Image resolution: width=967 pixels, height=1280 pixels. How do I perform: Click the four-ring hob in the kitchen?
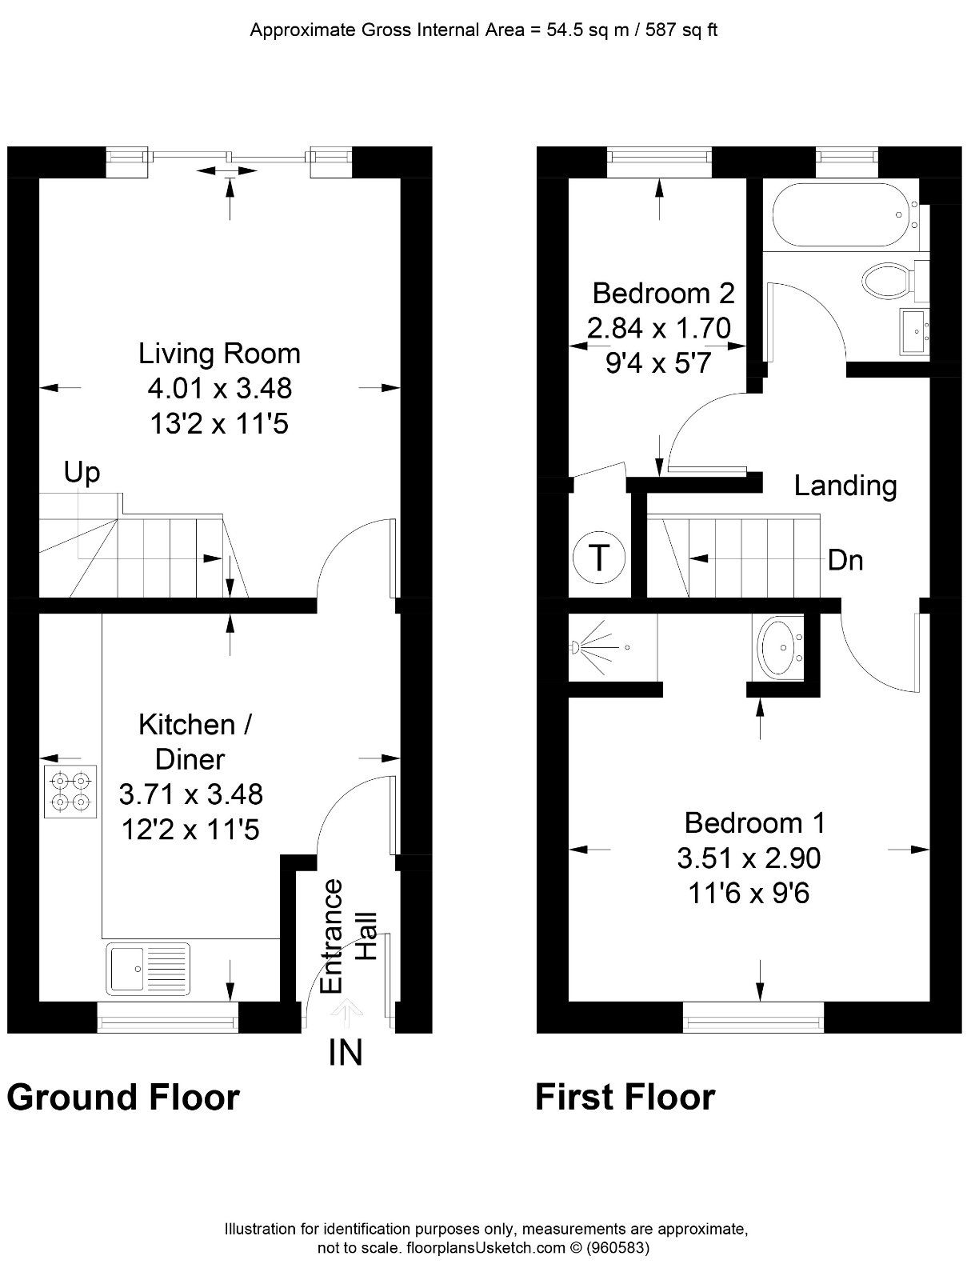point(70,790)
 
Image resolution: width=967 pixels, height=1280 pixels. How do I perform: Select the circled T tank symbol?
point(599,556)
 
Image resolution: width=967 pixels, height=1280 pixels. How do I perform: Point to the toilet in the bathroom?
point(886,280)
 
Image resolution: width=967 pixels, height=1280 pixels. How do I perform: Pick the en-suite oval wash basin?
point(778,649)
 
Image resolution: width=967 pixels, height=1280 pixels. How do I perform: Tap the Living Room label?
point(219,353)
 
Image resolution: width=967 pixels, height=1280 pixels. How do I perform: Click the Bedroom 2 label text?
point(662,293)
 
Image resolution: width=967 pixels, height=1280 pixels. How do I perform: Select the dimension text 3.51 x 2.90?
point(748,858)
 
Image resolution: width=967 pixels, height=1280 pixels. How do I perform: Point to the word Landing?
point(845,486)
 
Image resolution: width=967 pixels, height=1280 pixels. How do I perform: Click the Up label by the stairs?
point(82,473)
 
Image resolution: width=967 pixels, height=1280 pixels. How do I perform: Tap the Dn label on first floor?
point(845,560)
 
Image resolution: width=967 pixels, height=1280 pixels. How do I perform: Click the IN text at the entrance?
point(346,1053)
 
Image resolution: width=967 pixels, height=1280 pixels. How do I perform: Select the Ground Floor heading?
point(123,1097)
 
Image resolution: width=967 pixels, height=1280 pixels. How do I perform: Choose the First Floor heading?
point(625,1097)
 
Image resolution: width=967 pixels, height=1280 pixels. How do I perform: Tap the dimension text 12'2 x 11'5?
point(190,830)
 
